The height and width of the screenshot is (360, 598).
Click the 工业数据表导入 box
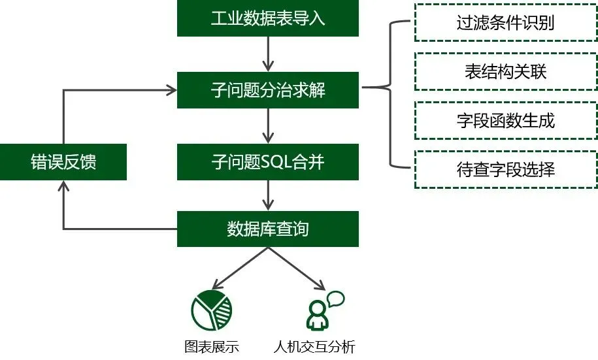coord(268,18)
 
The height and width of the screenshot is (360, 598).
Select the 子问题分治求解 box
coord(268,90)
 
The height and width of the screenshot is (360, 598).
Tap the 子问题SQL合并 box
coord(268,162)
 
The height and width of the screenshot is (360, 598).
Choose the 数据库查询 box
coord(268,229)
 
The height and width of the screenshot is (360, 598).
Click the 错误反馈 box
coord(63,162)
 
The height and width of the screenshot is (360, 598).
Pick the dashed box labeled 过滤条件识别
coord(505,23)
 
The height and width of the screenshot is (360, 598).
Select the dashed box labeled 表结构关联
coord(505,72)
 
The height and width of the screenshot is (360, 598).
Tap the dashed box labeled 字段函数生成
coord(505,121)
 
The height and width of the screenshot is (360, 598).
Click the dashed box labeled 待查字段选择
coord(505,170)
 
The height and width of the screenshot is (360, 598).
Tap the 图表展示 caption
coord(212,346)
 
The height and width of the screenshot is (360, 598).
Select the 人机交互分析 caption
coord(314,346)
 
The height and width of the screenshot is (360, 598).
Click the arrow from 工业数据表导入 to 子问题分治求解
coord(268,54)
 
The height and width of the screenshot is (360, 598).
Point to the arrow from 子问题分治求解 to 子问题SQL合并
coord(268,126)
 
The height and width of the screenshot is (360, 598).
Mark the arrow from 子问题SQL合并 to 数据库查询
coord(268,195)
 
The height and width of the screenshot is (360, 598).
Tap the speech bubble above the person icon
coord(335,299)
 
